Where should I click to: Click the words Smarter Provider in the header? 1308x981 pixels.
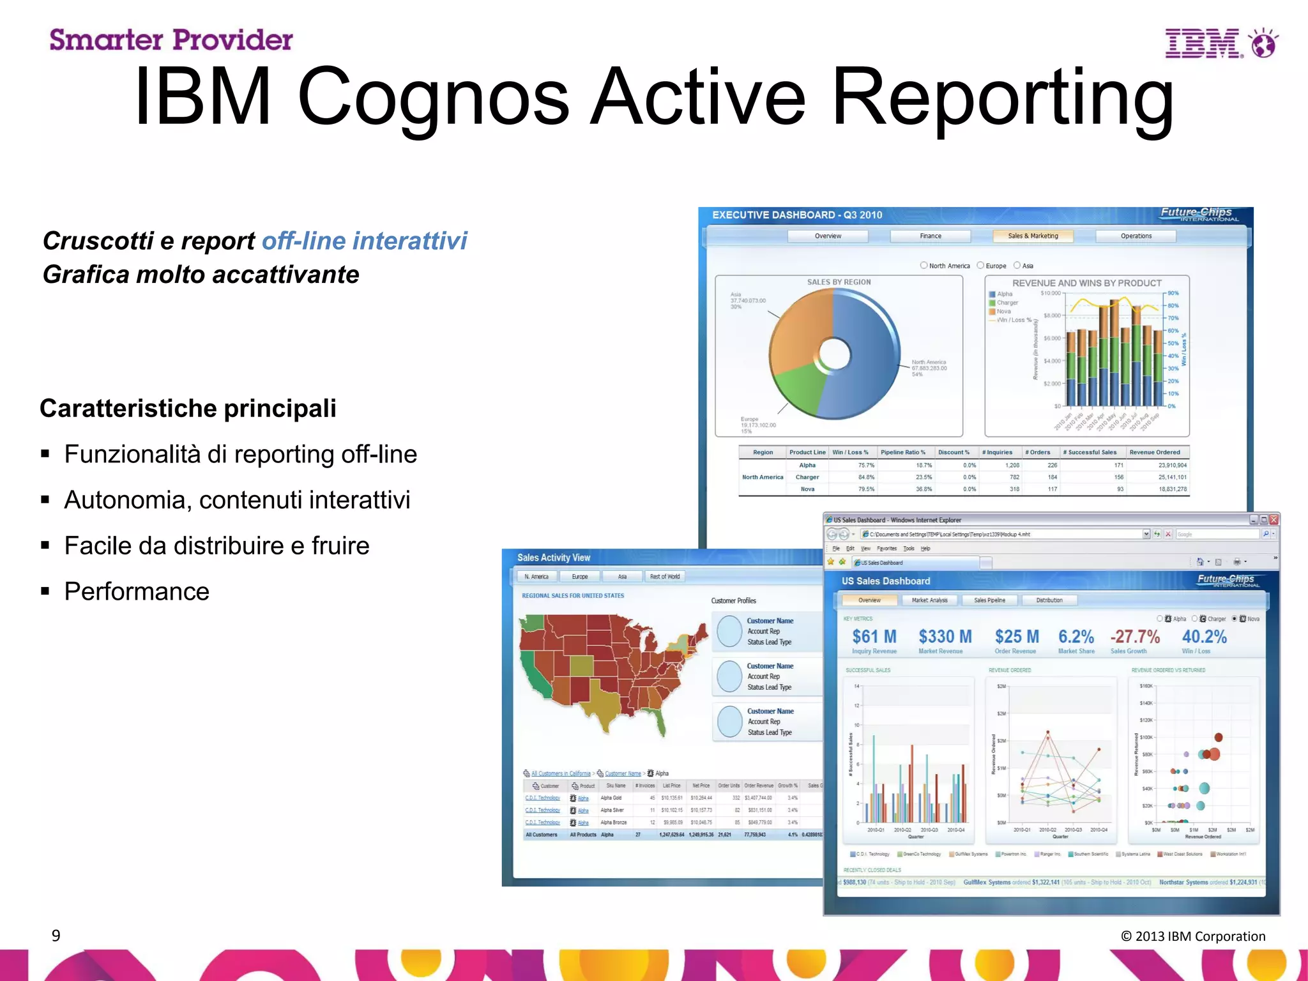pyautogui.click(x=171, y=40)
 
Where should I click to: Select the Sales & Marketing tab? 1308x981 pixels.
pyautogui.click(x=1033, y=236)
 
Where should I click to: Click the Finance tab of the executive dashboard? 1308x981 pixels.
pyautogui.click(x=931, y=236)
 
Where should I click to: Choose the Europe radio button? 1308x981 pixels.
pyautogui.click(x=981, y=266)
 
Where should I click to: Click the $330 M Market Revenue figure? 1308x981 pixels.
pyautogui.click(x=945, y=637)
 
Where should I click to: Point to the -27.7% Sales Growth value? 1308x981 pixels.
pyautogui.click(x=1134, y=637)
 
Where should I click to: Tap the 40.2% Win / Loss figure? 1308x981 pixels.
pyautogui.click(x=1204, y=637)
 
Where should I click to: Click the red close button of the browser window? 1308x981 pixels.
pyautogui.click(x=1274, y=520)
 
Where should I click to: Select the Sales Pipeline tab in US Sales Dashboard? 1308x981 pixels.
pyautogui.click(x=989, y=600)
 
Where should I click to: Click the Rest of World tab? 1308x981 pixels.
pyautogui.click(x=665, y=577)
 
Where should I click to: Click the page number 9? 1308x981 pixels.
pyautogui.click(x=56, y=936)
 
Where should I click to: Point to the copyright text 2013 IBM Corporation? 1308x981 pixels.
pyautogui.click(x=1193, y=936)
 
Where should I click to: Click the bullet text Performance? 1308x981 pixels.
pyautogui.click(x=137, y=591)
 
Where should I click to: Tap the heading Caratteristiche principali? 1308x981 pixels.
pyautogui.click(x=188, y=408)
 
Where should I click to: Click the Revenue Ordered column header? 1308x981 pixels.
pyautogui.click(x=1155, y=452)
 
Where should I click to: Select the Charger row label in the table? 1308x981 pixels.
pyautogui.click(x=807, y=477)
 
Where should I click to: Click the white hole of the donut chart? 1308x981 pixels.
pyautogui.click(x=833, y=353)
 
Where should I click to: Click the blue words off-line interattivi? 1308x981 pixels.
pyautogui.click(x=365, y=241)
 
